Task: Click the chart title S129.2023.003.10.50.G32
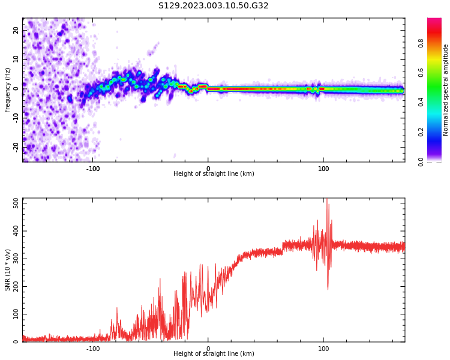click(x=214, y=6)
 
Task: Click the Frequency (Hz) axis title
click(x=8, y=90)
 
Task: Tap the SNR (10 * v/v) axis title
click(x=8, y=270)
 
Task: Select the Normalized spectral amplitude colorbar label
click(x=446, y=90)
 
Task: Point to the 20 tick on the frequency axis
click(x=16, y=30)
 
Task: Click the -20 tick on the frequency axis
click(x=16, y=146)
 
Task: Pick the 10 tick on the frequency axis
click(x=16, y=59)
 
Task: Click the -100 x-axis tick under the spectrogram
click(x=93, y=169)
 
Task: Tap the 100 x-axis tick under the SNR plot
click(x=323, y=349)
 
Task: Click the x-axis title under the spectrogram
click(x=214, y=174)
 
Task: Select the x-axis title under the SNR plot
click(x=214, y=354)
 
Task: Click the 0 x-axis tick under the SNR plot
click(x=208, y=349)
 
